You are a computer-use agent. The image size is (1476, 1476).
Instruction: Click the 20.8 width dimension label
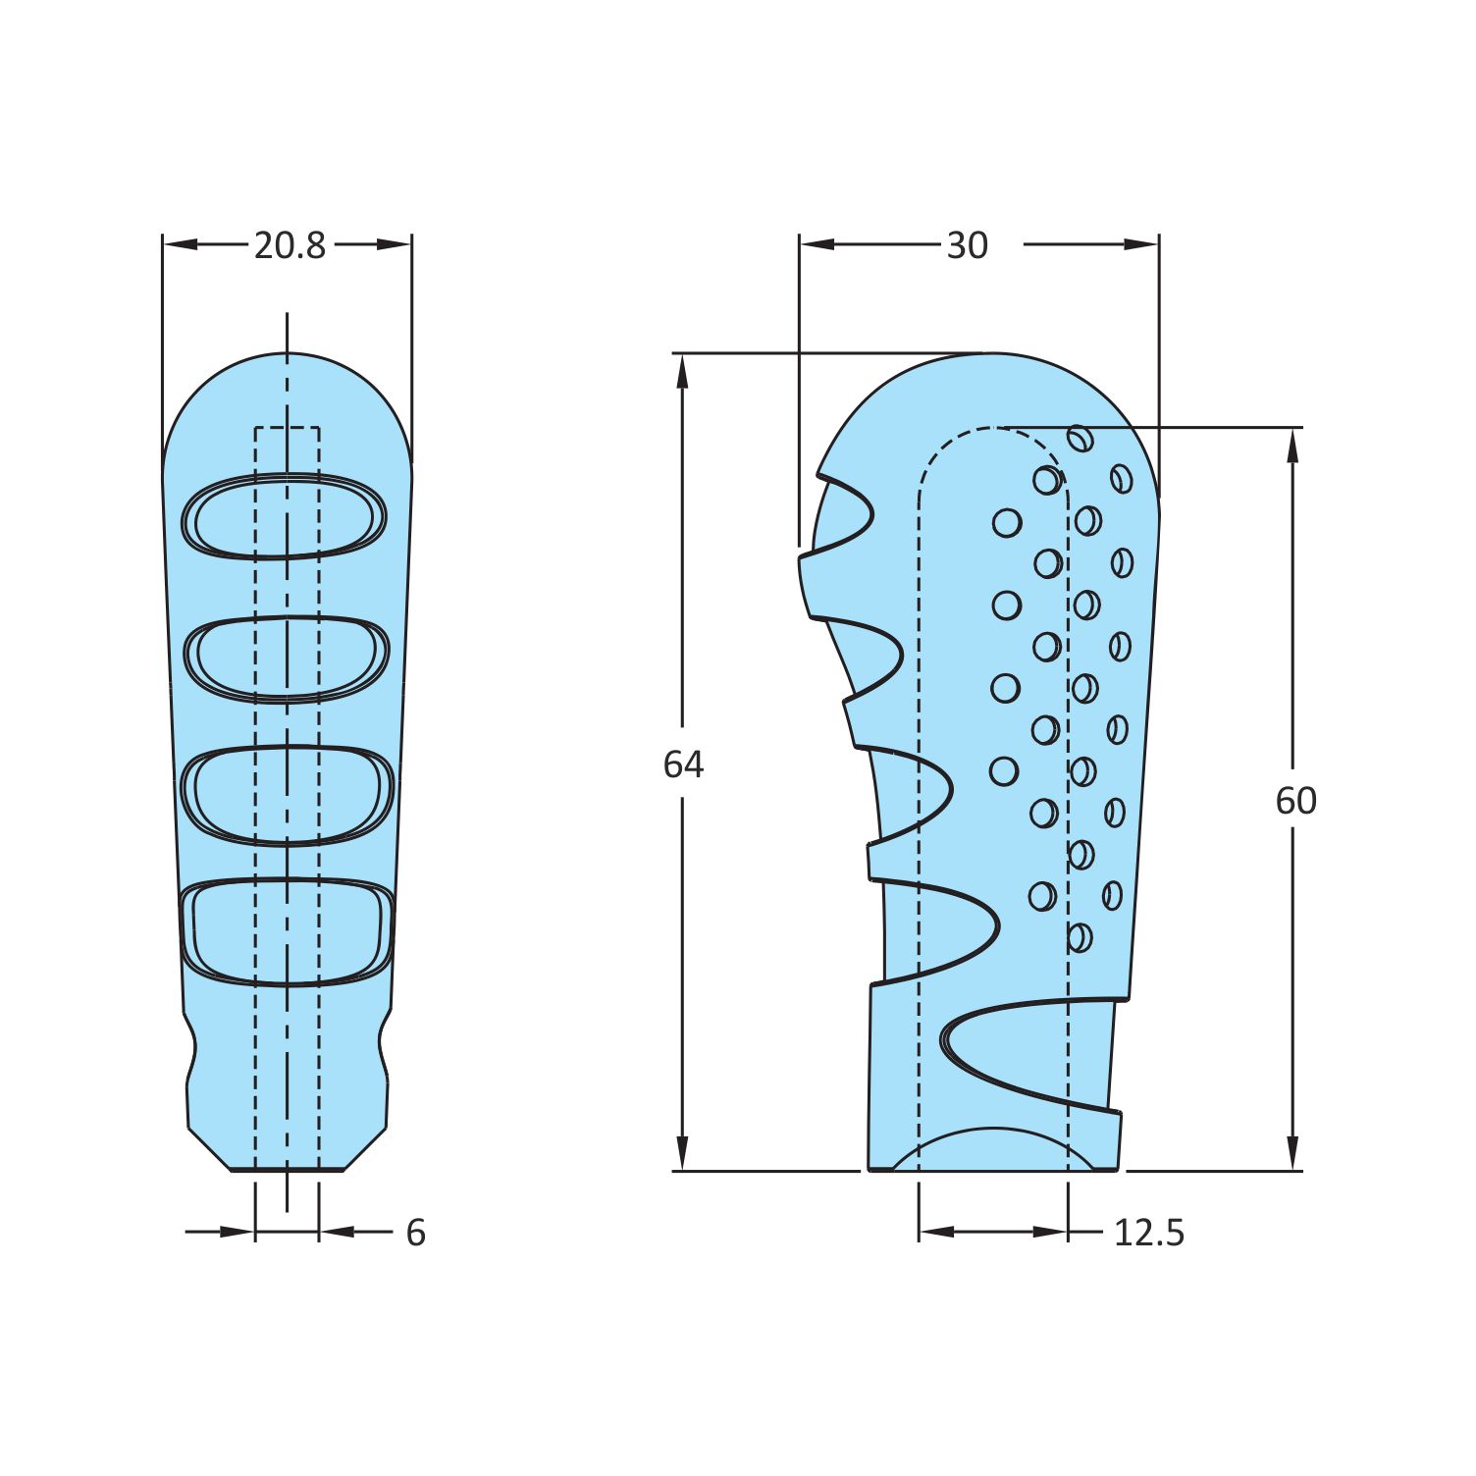point(290,245)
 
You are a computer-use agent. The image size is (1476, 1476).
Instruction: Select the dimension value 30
point(967,245)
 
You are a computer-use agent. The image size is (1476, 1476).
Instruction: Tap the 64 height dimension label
point(683,764)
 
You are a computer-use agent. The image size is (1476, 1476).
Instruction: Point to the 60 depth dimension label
point(1295,802)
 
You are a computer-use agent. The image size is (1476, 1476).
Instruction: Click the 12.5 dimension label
point(1149,1233)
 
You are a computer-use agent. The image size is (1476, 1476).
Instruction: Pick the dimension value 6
point(416,1233)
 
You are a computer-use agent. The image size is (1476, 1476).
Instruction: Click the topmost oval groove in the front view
point(285,516)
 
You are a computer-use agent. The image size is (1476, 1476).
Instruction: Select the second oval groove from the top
point(288,659)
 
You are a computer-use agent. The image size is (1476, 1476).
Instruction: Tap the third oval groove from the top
point(288,795)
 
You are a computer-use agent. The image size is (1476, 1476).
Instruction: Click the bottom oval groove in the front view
point(288,931)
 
